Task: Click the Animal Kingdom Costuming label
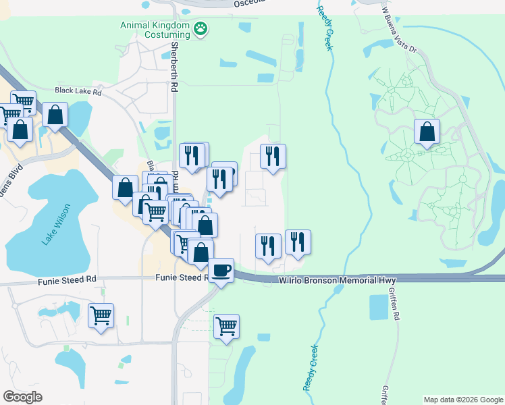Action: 155,30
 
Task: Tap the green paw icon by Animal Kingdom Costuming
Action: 201,28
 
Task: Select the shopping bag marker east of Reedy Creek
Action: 427,132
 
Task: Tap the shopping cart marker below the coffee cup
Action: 226,327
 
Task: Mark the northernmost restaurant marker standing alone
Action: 273,157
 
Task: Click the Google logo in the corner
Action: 22,397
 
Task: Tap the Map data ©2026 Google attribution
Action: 463,400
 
